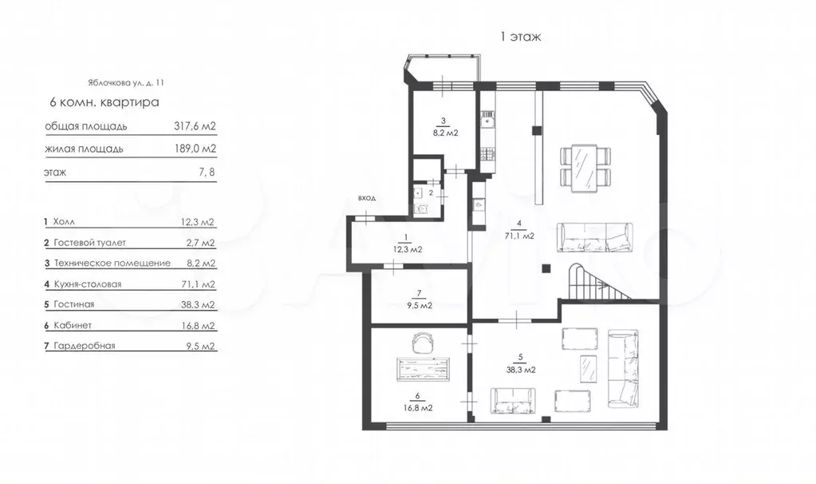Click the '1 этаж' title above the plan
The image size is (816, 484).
tap(520, 37)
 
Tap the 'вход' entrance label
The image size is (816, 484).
tap(367, 198)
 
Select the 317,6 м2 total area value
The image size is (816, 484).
tap(195, 126)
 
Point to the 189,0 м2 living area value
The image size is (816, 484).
tap(195, 149)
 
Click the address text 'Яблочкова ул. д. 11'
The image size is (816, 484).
tap(126, 82)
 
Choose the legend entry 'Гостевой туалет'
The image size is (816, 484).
tap(89, 243)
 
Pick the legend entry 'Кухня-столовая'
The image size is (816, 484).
tap(88, 284)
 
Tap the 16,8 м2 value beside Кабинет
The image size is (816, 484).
tap(198, 326)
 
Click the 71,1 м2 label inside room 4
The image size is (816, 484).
tap(519, 236)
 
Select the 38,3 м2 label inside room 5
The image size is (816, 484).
tap(521, 370)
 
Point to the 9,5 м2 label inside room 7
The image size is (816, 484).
tap(419, 306)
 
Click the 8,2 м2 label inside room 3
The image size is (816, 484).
tap(445, 133)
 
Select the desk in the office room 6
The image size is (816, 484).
tap(423, 369)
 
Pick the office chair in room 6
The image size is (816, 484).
tap(423, 343)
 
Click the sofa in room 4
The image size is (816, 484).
tap(595, 237)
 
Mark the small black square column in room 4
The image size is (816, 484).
tap(546, 269)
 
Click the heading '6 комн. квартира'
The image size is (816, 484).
tap(104, 102)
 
